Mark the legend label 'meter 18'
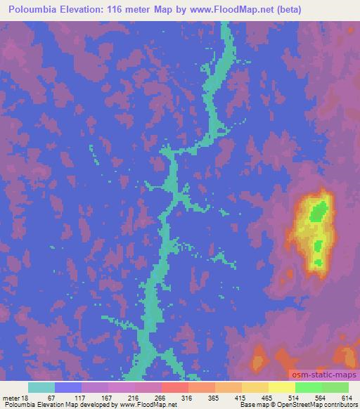15,397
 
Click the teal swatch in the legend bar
41,387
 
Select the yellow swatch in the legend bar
281,387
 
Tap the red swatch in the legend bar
175,387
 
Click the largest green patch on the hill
319,210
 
